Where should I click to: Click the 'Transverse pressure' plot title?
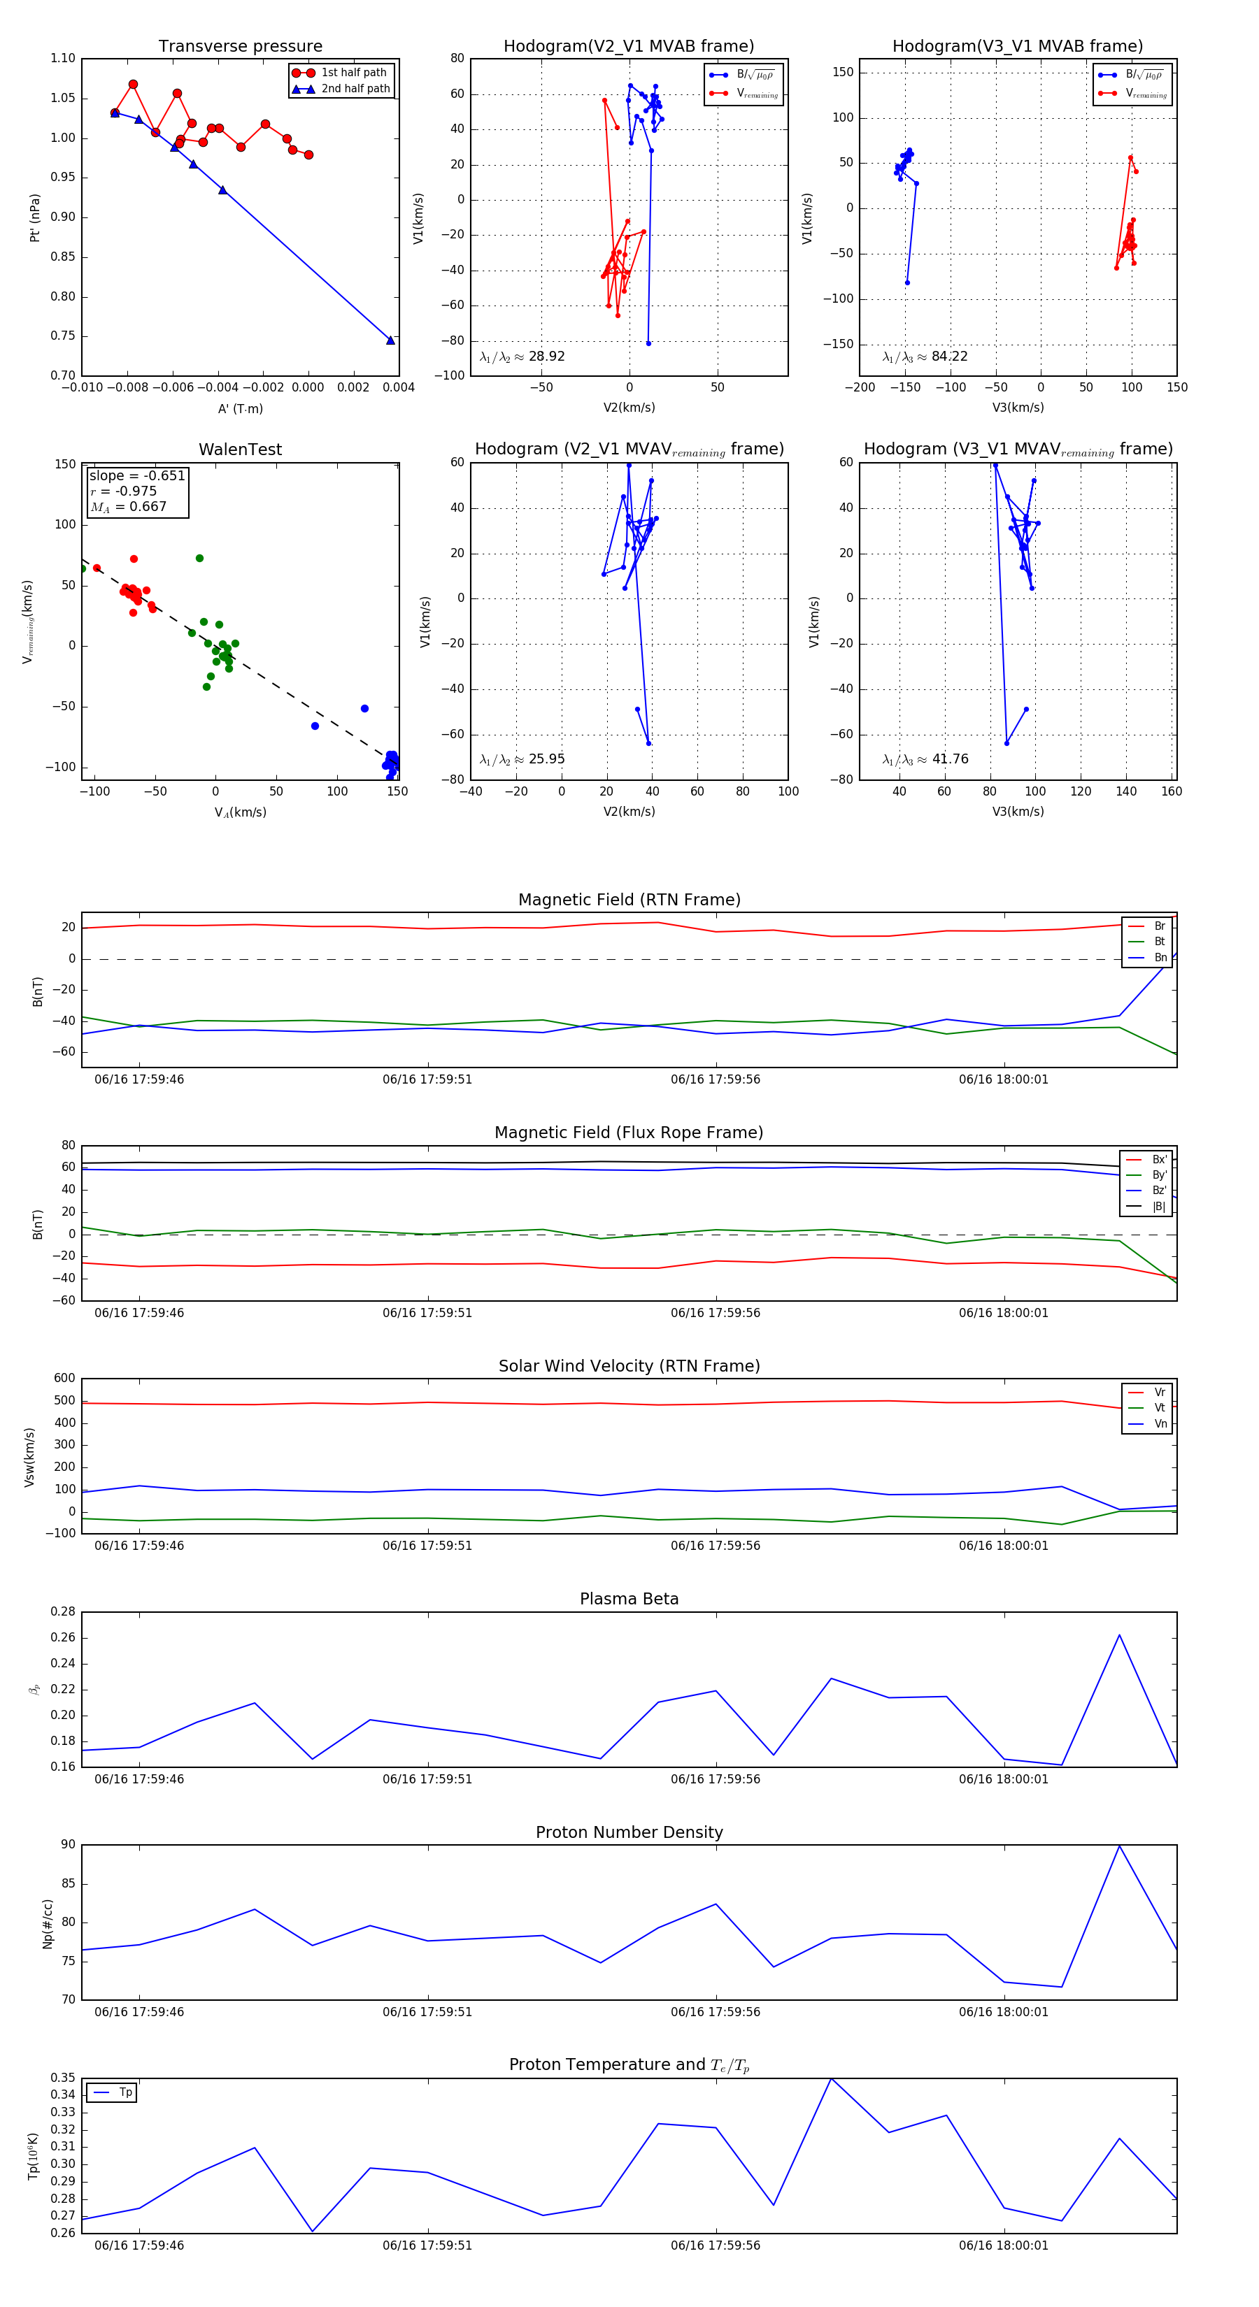tap(240, 47)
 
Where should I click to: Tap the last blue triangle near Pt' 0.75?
tap(390, 340)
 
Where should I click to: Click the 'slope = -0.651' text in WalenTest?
tap(137, 475)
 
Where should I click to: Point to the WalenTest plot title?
tap(240, 450)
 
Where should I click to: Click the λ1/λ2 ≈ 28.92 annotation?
tap(522, 357)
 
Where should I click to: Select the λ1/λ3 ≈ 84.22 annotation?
tap(925, 357)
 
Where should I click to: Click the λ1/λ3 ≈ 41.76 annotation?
tap(925, 759)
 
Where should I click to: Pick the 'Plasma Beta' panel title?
tap(629, 1600)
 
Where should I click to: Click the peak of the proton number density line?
tap(1119, 1846)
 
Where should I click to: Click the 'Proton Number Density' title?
tap(629, 1832)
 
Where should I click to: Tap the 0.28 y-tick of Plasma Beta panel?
tap(63, 1612)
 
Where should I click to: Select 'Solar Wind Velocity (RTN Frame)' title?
tap(629, 1366)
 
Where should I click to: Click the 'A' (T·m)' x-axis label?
tap(240, 408)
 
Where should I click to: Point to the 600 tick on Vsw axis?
tap(64, 1379)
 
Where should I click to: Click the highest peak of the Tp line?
tap(832, 2078)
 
